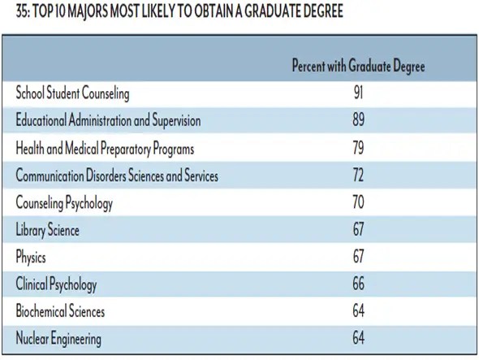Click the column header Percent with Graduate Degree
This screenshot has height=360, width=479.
358,66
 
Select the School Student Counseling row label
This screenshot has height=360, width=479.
72,93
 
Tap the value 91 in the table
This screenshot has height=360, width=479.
358,92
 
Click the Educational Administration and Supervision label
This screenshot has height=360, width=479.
108,119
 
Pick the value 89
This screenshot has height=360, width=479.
358,119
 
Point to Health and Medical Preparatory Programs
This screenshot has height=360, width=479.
105,149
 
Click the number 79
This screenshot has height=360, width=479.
358,147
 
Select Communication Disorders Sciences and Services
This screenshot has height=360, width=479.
117,176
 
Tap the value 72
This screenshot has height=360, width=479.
358,175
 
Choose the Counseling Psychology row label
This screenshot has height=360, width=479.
64,203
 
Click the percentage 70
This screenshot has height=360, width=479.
358,202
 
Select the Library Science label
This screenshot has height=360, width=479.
47,230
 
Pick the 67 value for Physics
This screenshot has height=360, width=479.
358,256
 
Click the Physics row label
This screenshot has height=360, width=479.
31,257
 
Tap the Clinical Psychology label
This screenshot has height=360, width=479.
56,284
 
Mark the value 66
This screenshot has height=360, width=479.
358,284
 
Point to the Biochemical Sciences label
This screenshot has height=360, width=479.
60,310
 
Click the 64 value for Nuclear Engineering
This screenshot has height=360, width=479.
358,338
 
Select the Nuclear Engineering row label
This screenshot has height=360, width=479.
58,339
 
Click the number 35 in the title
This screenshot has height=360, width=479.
22,11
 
